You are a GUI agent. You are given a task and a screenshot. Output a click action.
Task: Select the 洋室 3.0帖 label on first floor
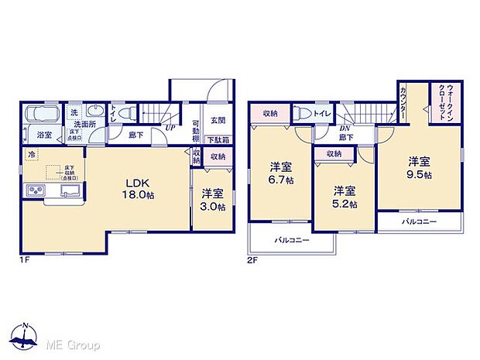[211, 200]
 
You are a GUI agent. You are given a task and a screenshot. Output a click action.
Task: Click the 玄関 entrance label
[218, 120]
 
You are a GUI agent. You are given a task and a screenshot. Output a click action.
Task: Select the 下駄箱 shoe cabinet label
[218, 140]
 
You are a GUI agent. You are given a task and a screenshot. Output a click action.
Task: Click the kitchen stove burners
[35, 191]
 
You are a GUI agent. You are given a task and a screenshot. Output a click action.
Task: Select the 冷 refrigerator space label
[32, 154]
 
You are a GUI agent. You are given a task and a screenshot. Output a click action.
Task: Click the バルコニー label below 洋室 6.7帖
[291, 240]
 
